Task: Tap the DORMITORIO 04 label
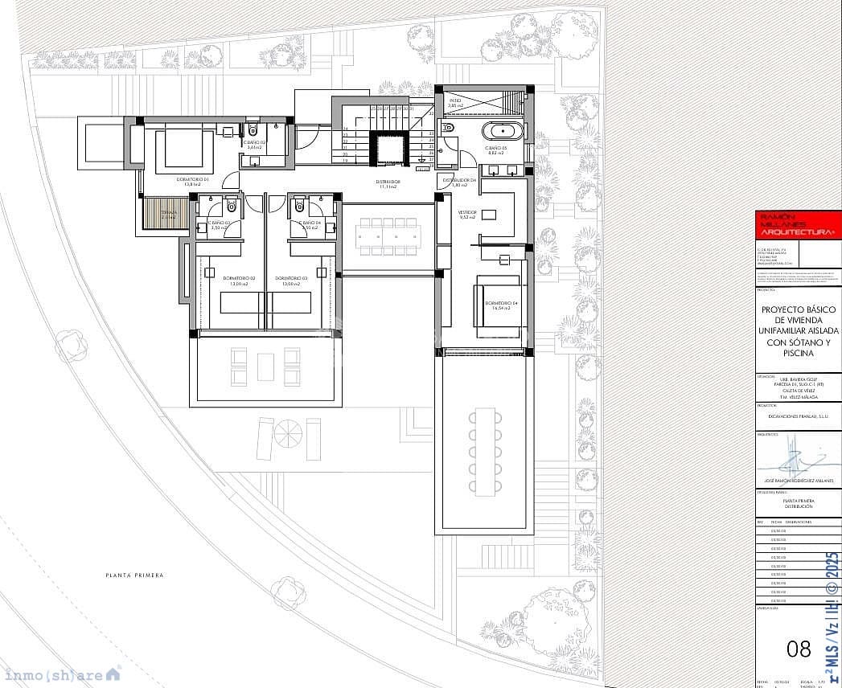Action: click(496, 303)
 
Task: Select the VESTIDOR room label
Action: click(467, 215)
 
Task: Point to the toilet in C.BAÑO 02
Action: click(252, 129)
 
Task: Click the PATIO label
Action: click(455, 103)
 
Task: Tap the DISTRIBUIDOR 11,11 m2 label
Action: click(388, 184)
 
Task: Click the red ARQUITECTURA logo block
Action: click(798, 225)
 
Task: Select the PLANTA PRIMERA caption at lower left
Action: click(134, 575)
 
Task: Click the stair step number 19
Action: click(346, 161)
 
